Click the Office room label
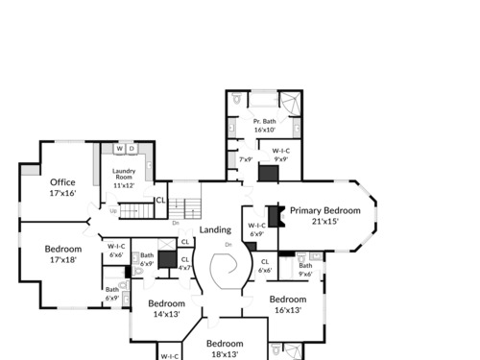(x=62, y=182)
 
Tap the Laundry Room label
(x=124, y=174)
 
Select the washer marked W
(x=120, y=149)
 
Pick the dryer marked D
(x=132, y=149)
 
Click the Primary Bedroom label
(x=325, y=210)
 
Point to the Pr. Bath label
(x=264, y=121)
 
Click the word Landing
(x=215, y=229)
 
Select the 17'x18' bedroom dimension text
(x=63, y=259)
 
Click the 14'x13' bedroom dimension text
(x=166, y=314)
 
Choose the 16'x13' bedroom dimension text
(x=288, y=310)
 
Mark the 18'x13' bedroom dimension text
(x=225, y=354)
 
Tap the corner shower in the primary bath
(x=291, y=103)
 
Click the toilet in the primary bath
(x=236, y=98)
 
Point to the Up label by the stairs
(x=113, y=211)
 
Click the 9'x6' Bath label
(x=305, y=270)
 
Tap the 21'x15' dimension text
(x=325, y=221)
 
